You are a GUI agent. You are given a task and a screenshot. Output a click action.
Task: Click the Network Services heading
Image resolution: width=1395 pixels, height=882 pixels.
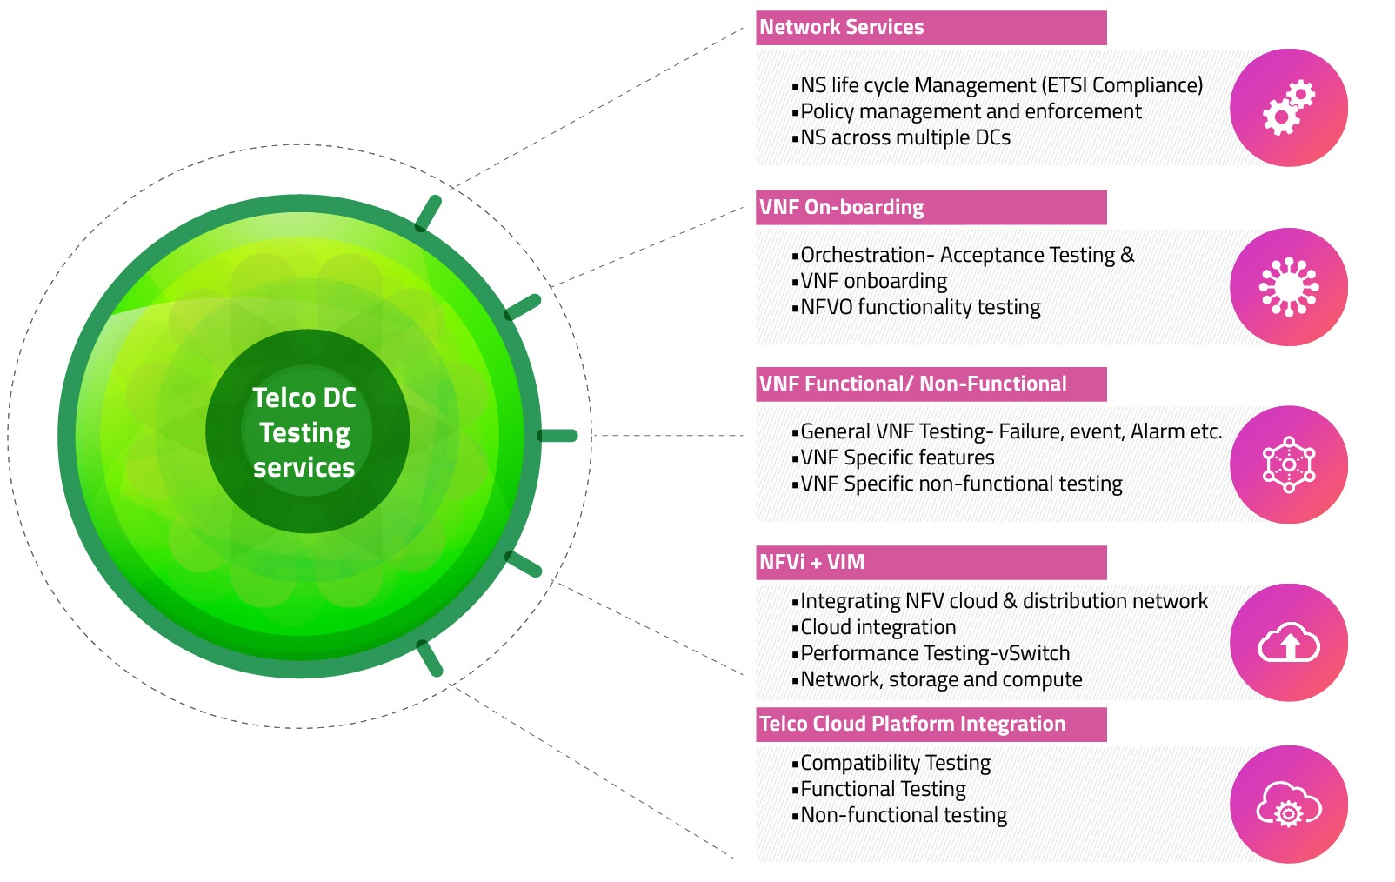841,27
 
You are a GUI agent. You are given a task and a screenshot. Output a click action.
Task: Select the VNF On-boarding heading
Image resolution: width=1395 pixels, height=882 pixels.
841,207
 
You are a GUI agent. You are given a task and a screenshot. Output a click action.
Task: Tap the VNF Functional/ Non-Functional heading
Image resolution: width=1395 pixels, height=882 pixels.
913,384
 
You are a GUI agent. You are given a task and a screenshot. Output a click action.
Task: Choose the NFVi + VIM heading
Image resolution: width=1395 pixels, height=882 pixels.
812,562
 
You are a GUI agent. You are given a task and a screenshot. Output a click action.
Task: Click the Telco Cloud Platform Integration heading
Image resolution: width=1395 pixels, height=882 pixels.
912,724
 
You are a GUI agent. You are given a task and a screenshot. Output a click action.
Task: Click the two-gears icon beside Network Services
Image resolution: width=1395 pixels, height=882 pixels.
1289,108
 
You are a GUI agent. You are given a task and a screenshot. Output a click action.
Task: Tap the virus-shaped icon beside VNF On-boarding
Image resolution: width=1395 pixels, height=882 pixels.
1289,287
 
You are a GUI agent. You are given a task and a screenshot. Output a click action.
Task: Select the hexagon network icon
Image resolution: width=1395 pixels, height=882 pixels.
1289,464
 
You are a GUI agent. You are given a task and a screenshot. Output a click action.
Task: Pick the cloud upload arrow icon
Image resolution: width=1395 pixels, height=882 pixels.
1289,642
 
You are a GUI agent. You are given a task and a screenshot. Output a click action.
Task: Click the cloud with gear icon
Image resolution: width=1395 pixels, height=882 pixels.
1289,805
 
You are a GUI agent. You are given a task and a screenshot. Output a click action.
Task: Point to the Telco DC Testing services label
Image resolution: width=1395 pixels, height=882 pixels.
304,432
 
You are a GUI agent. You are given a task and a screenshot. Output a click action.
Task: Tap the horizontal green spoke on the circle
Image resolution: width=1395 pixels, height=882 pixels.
558,436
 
